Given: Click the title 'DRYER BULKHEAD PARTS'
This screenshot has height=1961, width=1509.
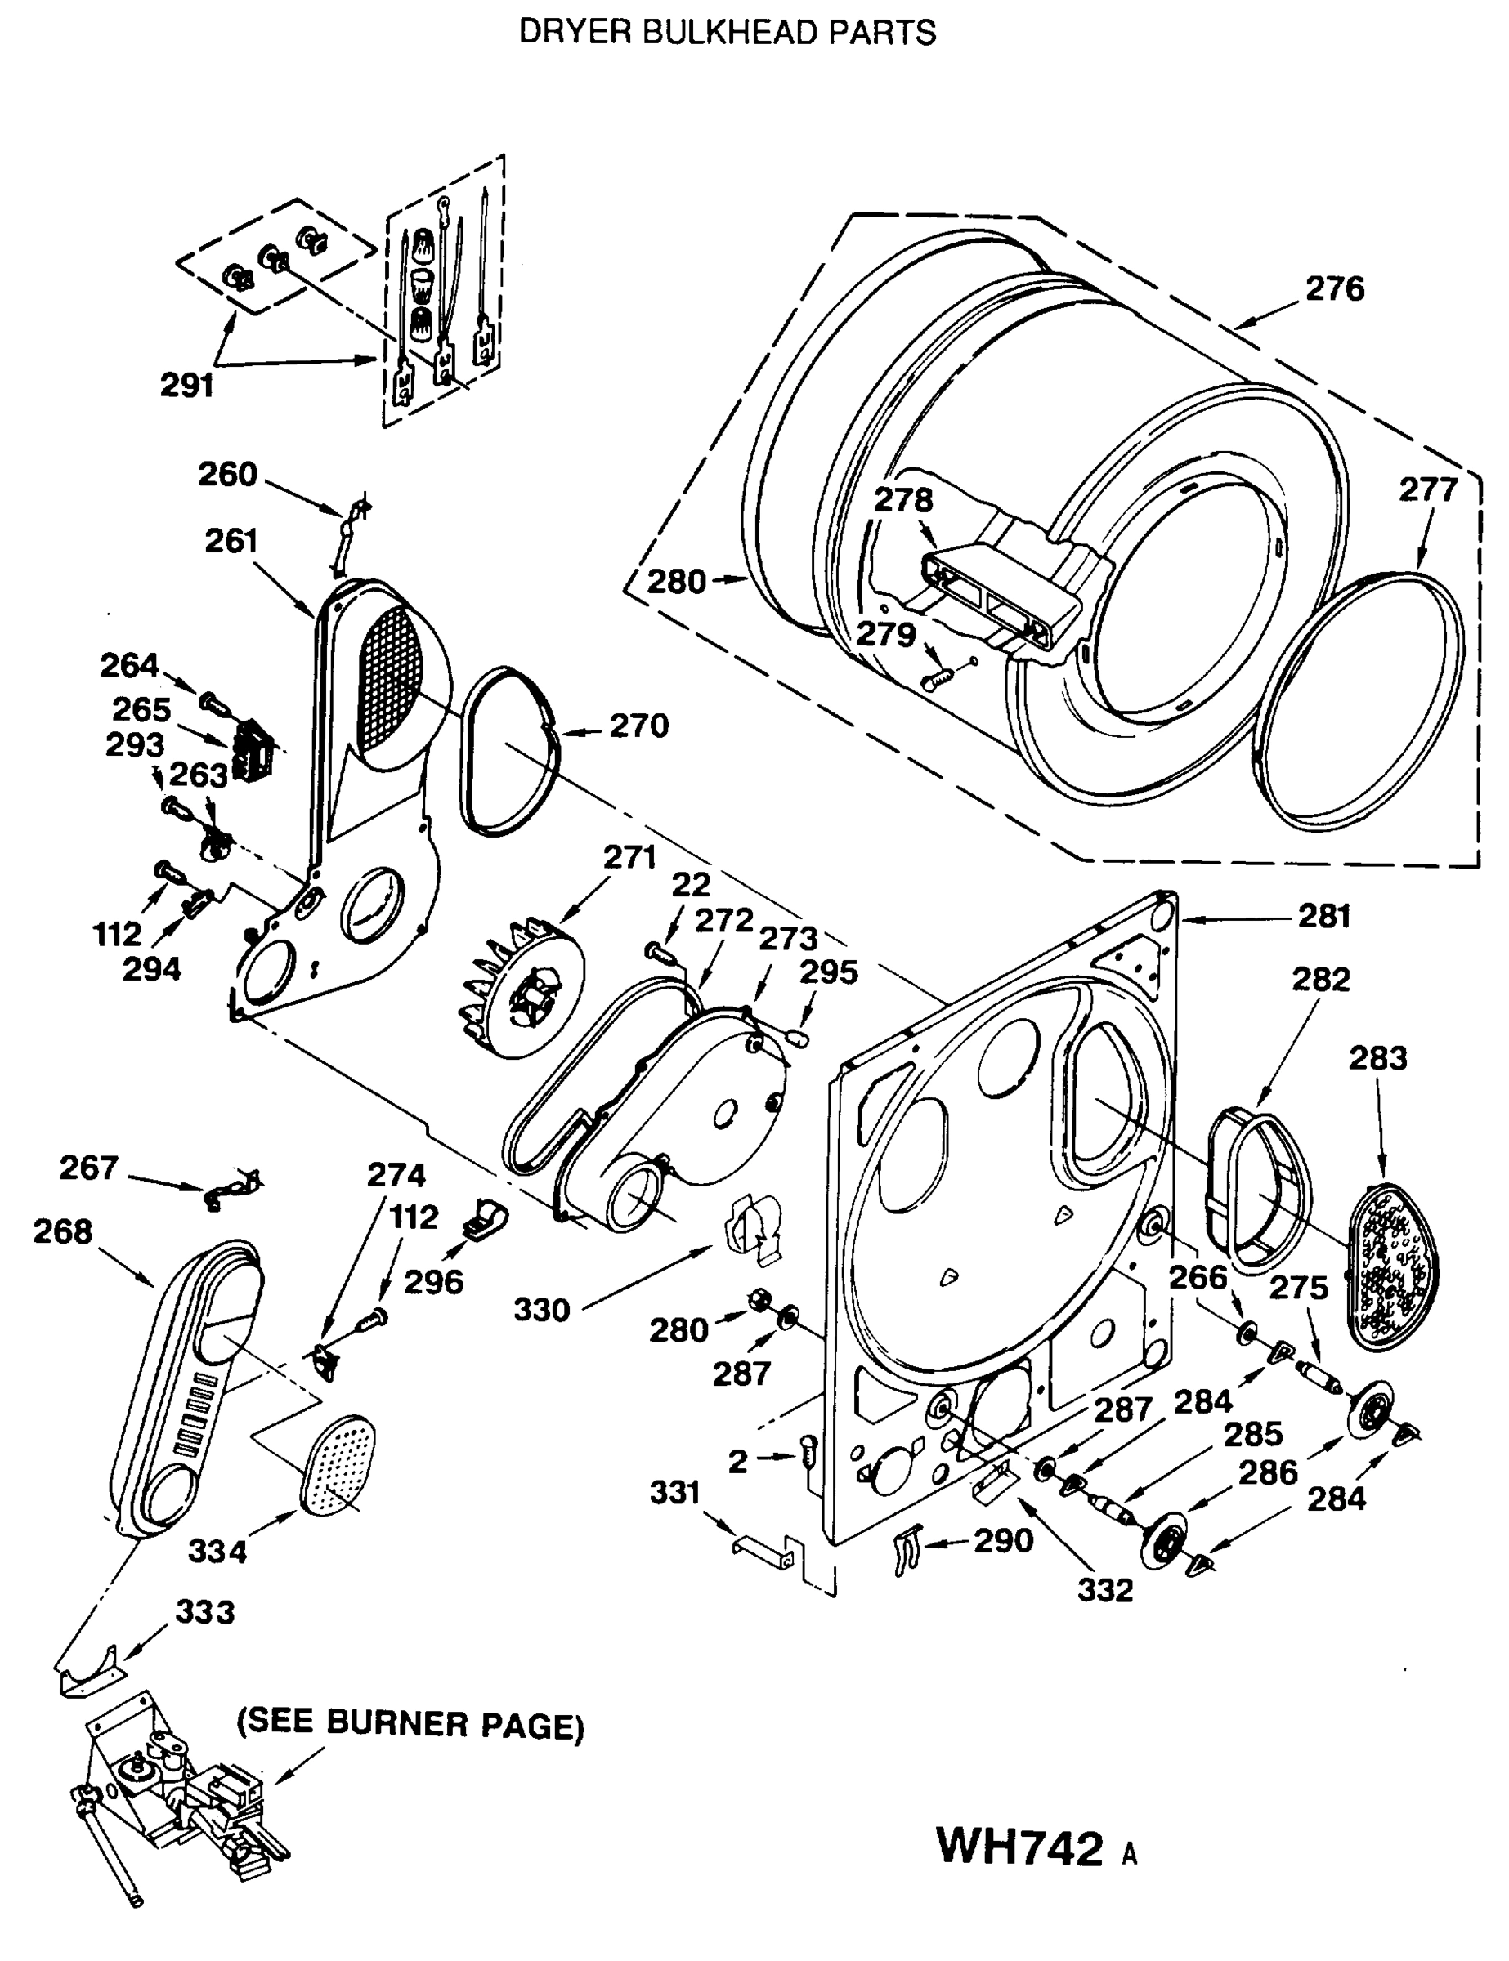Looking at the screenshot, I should click(728, 34).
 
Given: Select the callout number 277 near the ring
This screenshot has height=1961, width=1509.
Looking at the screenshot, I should click(1427, 490).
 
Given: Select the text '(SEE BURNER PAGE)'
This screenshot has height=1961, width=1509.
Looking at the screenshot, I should click(410, 1724).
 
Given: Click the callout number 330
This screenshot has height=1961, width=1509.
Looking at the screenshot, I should click(542, 1310).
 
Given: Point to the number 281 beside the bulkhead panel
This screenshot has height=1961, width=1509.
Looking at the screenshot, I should click(1325, 917).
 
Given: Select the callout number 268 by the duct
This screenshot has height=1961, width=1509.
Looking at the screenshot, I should click(62, 1231).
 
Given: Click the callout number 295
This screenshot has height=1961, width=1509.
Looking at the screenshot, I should click(828, 972).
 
